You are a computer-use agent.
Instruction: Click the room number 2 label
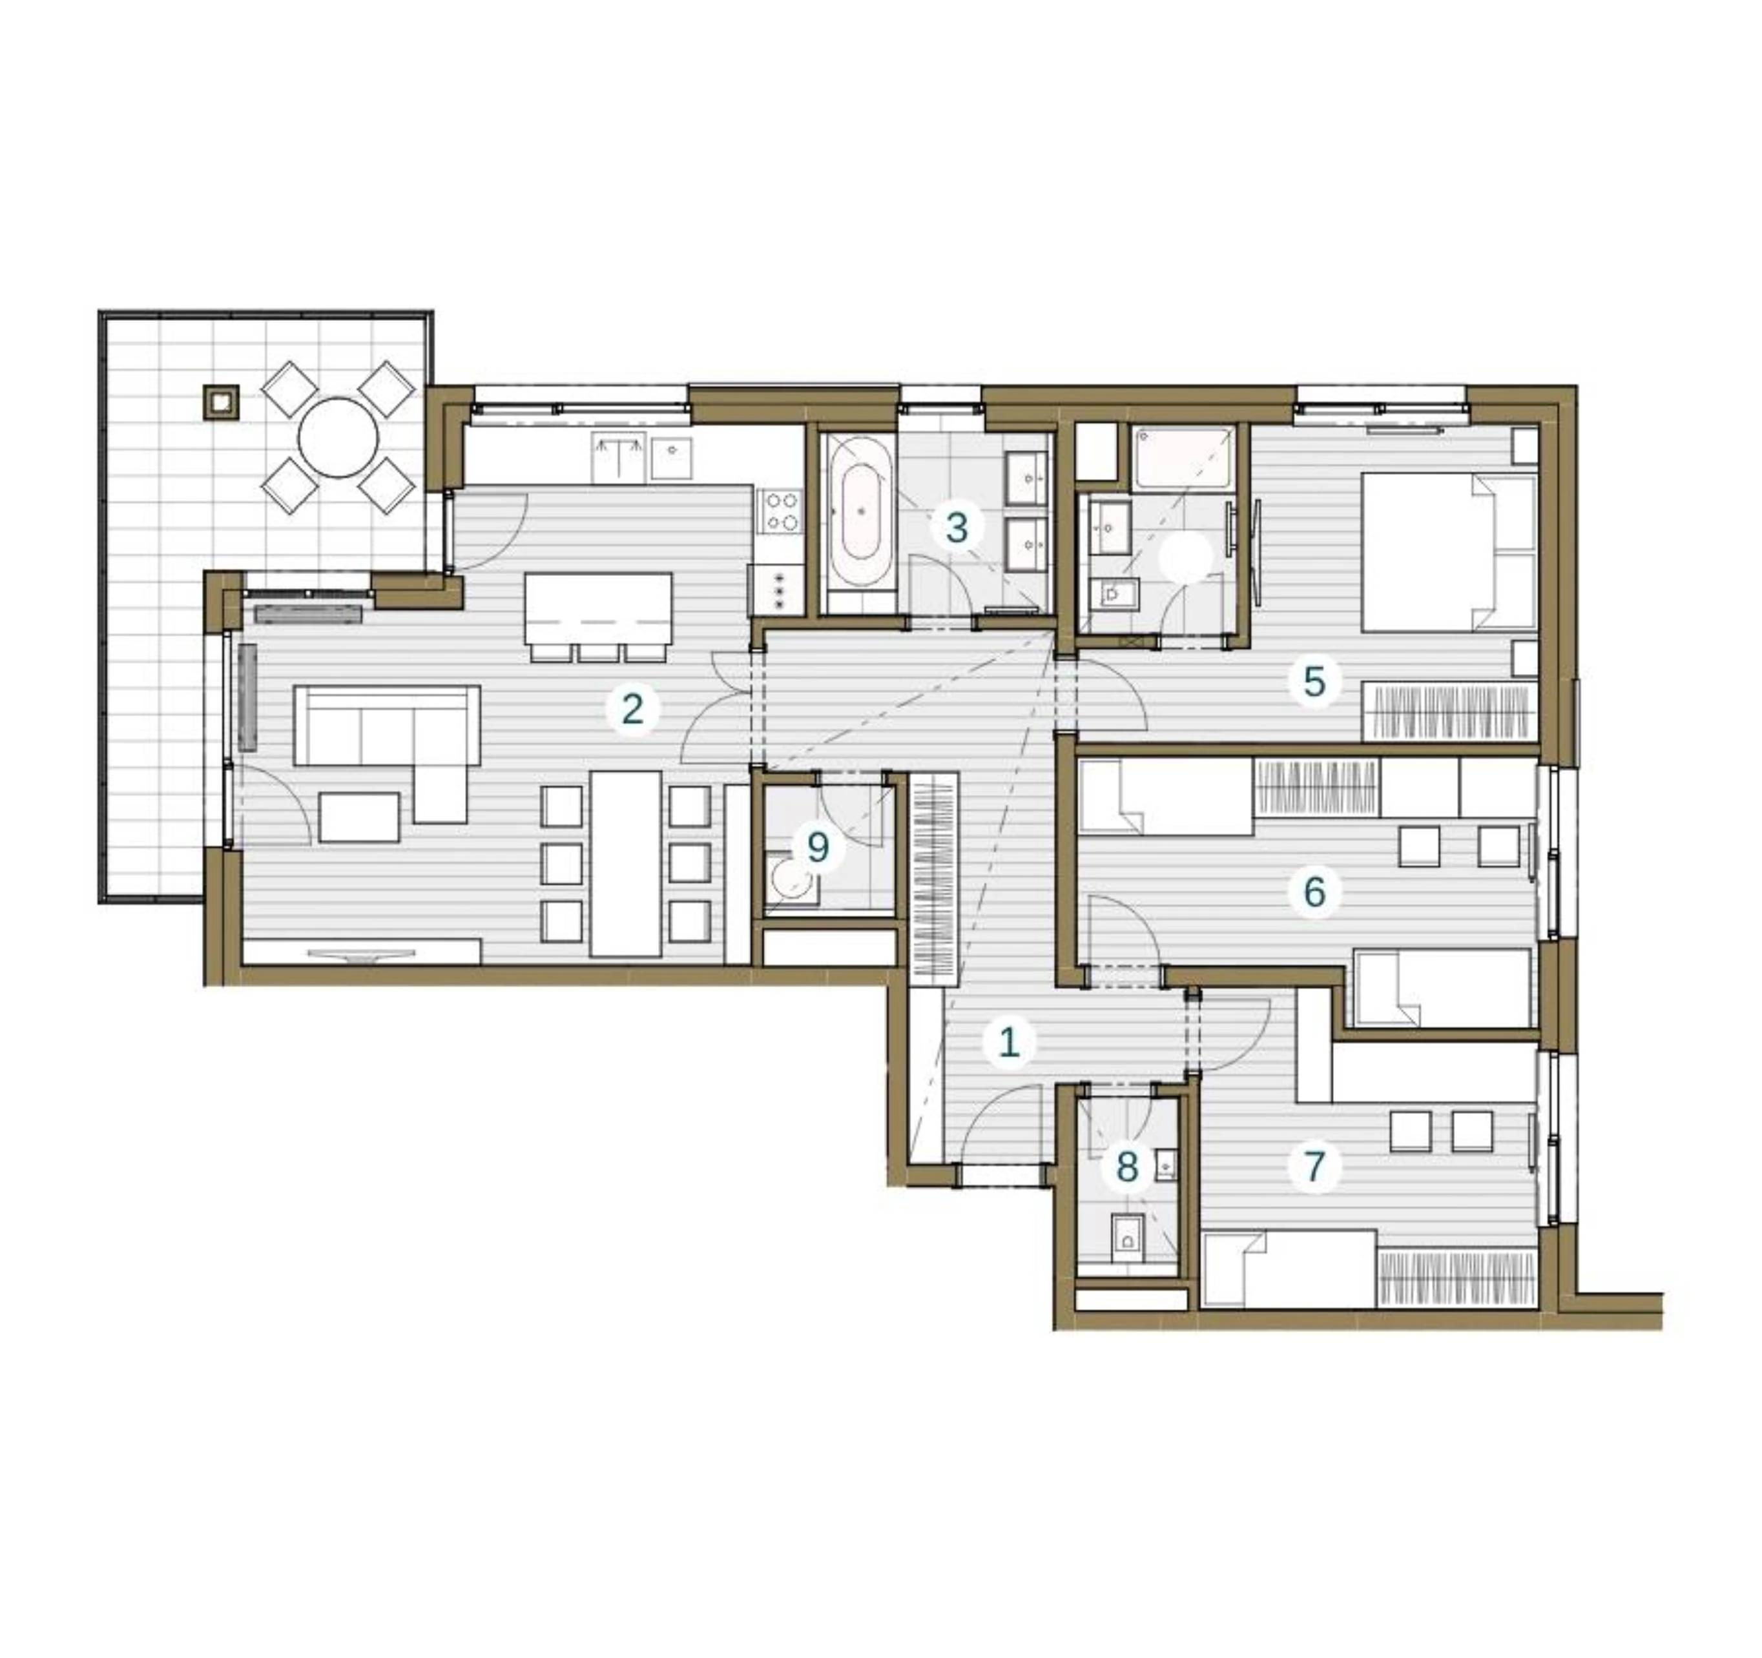click(x=632, y=709)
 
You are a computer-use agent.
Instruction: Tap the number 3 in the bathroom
click(x=957, y=528)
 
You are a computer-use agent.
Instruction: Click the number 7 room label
click(x=1314, y=1165)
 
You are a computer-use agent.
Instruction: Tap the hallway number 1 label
click(x=1010, y=1042)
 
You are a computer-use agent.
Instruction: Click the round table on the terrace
click(x=338, y=438)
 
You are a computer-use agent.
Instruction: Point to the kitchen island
click(x=598, y=609)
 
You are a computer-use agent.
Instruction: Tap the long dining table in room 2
click(x=626, y=864)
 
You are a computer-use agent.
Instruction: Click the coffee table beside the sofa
click(x=359, y=817)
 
